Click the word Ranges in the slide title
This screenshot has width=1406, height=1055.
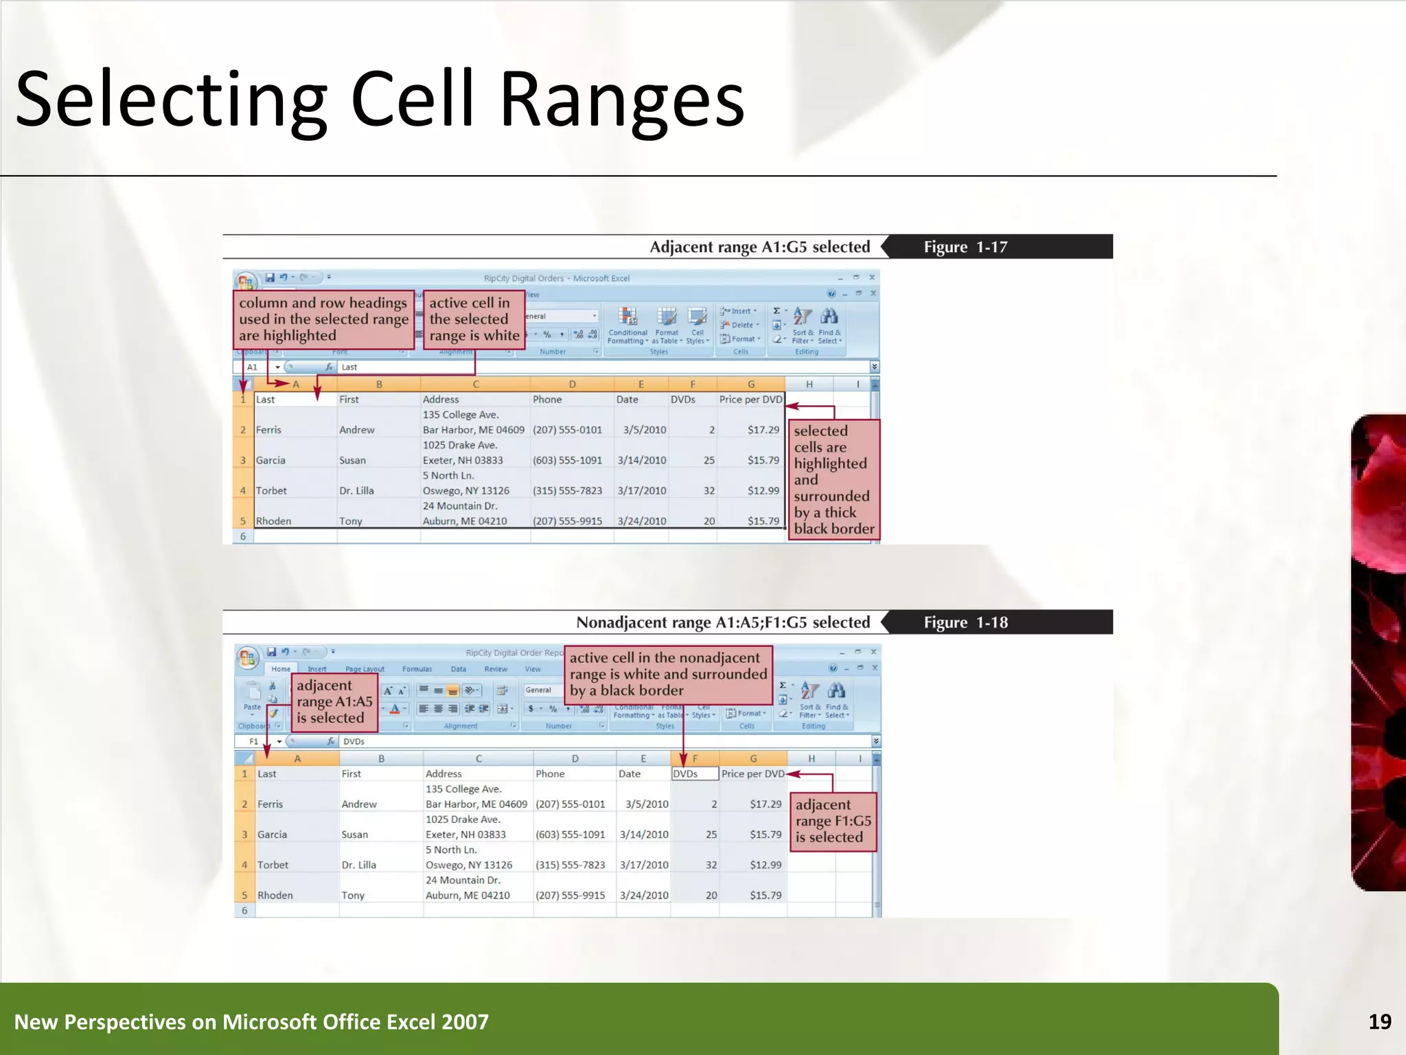click(x=621, y=100)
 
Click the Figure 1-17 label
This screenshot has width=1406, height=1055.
click(x=965, y=247)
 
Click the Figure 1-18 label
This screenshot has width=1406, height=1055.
click(x=965, y=622)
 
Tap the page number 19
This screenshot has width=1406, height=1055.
click(x=1379, y=1022)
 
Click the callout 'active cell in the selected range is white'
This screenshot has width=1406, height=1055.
click(x=474, y=319)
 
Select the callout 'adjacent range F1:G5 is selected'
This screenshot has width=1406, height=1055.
click(x=833, y=821)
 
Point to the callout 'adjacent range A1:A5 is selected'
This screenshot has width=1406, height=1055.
click(x=334, y=701)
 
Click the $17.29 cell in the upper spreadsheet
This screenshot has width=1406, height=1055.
click(x=763, y=430)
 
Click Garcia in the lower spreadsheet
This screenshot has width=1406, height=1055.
click(x=272, y=835)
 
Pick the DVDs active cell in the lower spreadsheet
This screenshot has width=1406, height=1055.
click(x=694, y=773)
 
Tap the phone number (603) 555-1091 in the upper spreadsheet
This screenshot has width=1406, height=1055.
click(x=567, y=460)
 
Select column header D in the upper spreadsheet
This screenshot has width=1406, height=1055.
click(x=572, y=385)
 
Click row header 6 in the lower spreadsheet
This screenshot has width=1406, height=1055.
click(x=244, y=911)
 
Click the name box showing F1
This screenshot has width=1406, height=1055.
click(x=255, y=742)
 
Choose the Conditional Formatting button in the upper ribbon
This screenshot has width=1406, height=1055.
click(x=627, y=325)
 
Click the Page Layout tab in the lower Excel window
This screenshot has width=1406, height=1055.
click(x=365, y=669)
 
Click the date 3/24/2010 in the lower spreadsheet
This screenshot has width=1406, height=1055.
click(x=643, y=896)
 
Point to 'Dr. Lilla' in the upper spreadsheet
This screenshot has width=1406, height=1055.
click(x=356, y=491)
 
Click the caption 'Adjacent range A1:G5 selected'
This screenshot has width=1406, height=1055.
click(x=759, y=247)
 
